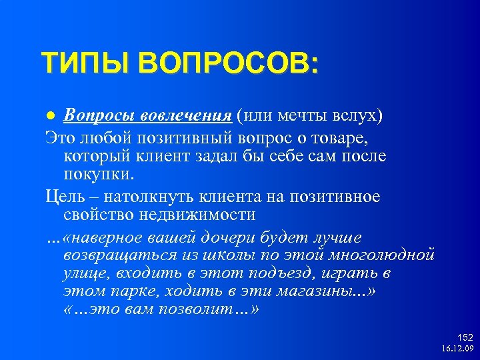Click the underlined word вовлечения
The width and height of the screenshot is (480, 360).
(x=185, y=115)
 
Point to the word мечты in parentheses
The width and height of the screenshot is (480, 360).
(x=303, y=115)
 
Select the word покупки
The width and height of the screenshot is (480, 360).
(x=98, y=174)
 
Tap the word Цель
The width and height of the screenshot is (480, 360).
(x=65, y=197)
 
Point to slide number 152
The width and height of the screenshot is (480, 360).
(x=465, y=338)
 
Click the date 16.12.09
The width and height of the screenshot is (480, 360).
(x=457, y=349)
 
